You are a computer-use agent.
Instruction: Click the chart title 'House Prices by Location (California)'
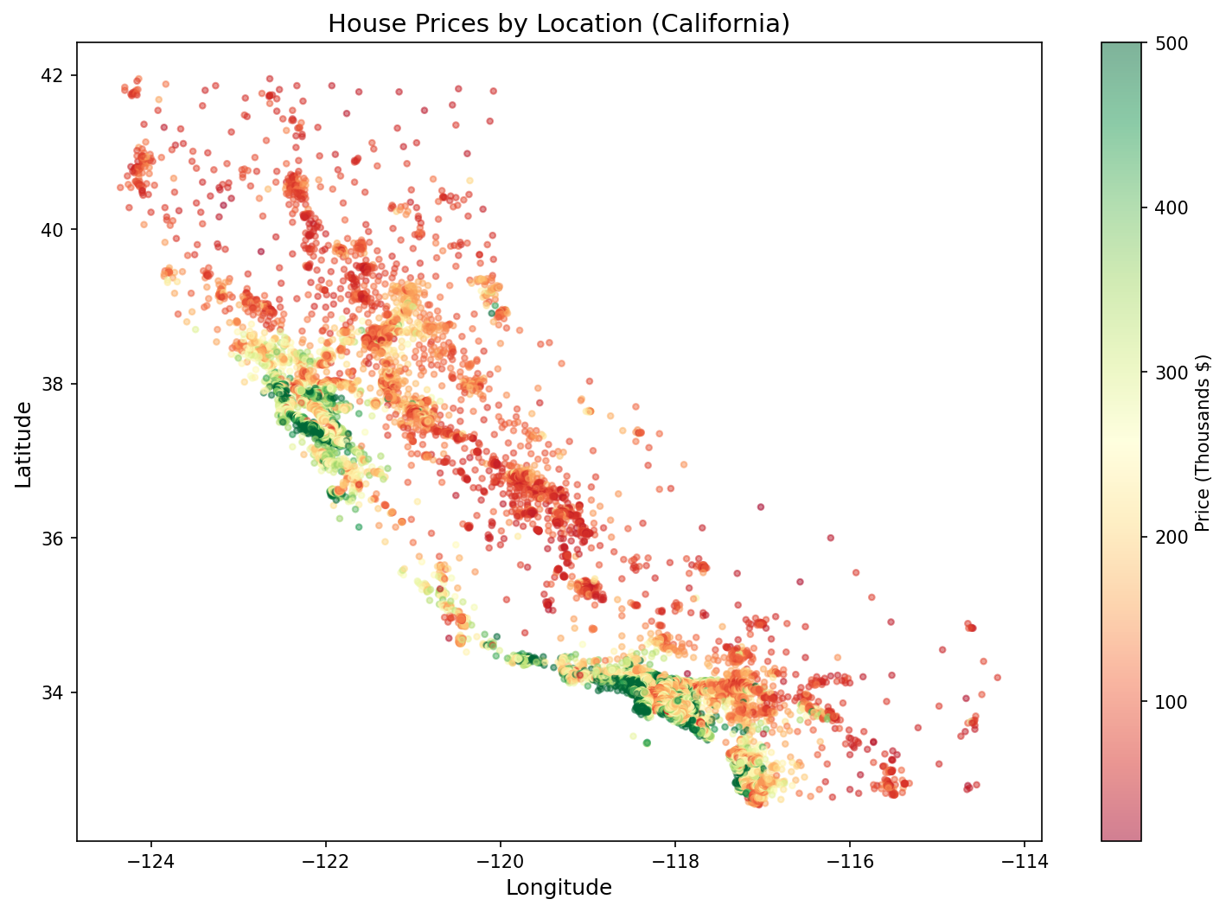559,23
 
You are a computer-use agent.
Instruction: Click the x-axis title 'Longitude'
559,888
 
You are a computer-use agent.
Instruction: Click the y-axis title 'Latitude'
24,443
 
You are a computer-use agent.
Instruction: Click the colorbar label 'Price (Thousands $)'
1202,443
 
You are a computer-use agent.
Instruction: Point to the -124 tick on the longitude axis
151,862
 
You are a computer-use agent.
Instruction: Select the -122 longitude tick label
326,862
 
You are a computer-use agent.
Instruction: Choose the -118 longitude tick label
675,862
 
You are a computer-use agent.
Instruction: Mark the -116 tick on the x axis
850,862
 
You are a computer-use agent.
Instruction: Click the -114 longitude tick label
1025,862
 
